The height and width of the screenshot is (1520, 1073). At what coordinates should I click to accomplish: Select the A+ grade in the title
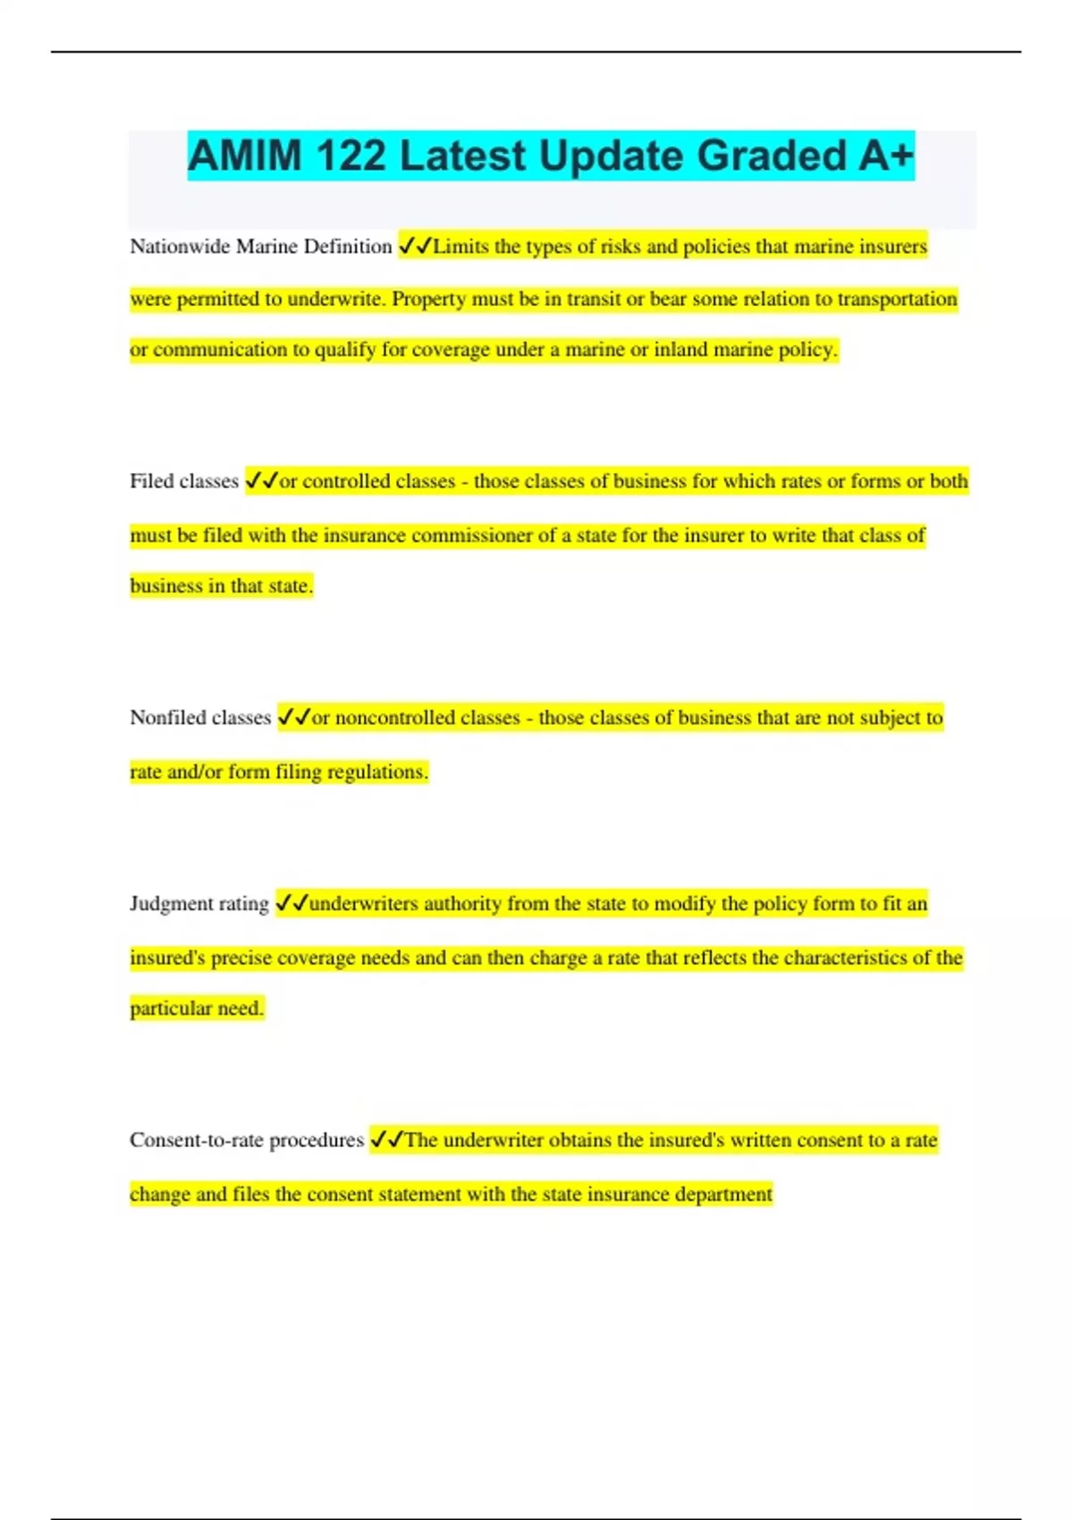click(x=886, y=156)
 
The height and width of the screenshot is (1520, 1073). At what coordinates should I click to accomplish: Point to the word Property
click(x=428, y=299)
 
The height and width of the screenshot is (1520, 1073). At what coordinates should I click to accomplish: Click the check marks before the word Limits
click(x=415, y=246)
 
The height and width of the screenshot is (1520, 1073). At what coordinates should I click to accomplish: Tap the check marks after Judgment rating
click(x=291, y=903)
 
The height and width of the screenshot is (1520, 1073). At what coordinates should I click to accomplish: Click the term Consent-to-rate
click(x=196, y=1140)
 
